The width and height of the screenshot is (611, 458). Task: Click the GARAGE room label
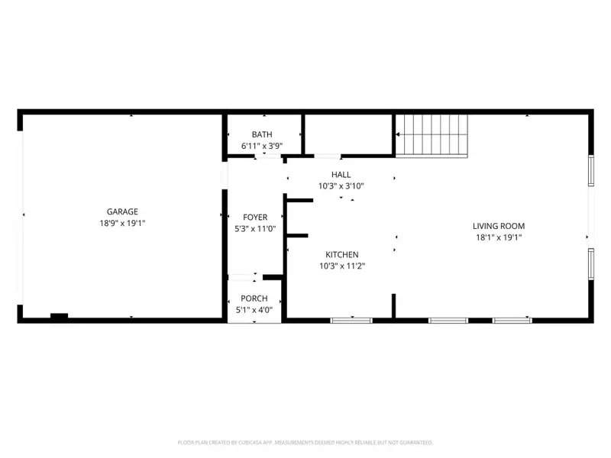pyautogui.click(x=121, y=211)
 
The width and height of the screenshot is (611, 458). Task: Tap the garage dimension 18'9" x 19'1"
pyautogui.click(x=121, y=224)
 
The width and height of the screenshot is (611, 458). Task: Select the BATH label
pyautogui.click(x=262, y=134)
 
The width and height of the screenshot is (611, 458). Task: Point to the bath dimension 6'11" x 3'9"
pyautogui.click(x=262, y=145)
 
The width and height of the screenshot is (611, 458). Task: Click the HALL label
pyautogui.click(x=341, y=175)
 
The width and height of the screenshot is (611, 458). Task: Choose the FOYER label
pyautogui.click(x=255, y=218)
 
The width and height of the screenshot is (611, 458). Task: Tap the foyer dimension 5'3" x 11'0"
pyautogui.click(x=255, y=228)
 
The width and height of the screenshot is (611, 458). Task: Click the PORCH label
pyautogui.click(x=254, y=298)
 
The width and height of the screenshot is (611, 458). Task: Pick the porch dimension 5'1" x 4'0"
pyautogui.click(x=254, y=309)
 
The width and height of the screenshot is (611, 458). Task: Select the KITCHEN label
pyautogui.click(x=341, y=255)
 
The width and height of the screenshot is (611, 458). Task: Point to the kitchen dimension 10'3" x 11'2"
pyautogui.click(x=341, y=266)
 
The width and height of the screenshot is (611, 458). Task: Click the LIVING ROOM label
pyautogui.click(x=499, y=226)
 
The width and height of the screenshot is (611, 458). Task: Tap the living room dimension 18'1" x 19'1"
pyautogui.click(x=499, y=237)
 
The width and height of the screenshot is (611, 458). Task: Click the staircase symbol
pyautogui.click(x=432, y=134)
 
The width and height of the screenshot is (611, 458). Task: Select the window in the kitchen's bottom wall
pyautogui.click(x=351, y=320)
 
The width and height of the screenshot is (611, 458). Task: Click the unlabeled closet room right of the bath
pyautogui.click(x=349, y=134)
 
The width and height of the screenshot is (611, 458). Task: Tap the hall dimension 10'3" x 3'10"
pyautogui.click(x=341, y=185)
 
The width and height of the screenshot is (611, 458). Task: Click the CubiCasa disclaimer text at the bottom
pyautogui.click(x=305, y=442)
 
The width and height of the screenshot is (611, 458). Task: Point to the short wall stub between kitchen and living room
pyautogui.click(x=393, y=305)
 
